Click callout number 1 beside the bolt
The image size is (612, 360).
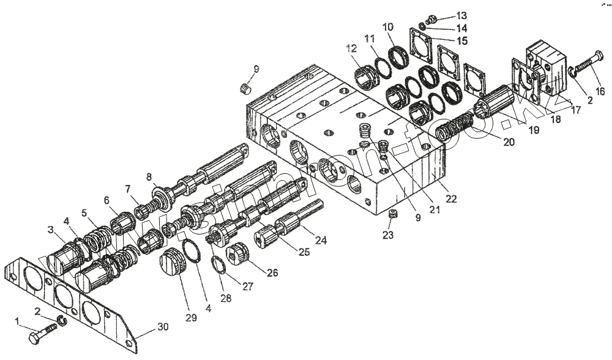(18, 321)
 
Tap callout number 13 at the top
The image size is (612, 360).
(461, 15)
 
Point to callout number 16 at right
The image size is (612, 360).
(600, 91)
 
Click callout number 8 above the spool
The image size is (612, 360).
(149, 178)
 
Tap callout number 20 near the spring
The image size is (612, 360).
(509, 141)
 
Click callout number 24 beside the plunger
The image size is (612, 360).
(321, 241)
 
